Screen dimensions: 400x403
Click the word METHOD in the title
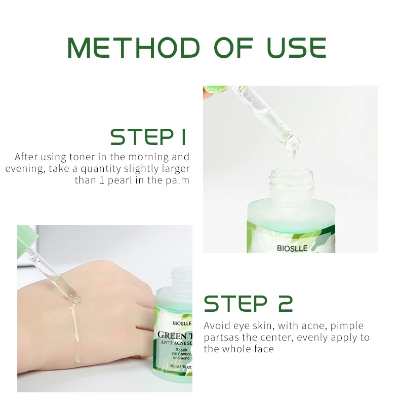coord(134,48)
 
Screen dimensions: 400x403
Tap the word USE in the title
coord(297,48)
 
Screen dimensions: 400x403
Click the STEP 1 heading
coord(148,137)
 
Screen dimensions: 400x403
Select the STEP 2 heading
coord(248,303)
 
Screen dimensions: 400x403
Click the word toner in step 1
coord(82,157)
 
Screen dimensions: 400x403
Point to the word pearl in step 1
coord(119,180)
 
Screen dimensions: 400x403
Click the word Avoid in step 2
coord(217,325)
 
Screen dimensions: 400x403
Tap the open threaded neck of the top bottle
coord(292,183)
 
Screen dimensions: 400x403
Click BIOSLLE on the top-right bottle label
coord(292,248)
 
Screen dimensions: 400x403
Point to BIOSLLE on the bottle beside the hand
coord(182,323)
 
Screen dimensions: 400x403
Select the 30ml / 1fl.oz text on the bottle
coord(181,366)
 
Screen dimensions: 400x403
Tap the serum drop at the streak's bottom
coord(78,358)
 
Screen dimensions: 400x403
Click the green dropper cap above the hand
coord(27,240)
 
